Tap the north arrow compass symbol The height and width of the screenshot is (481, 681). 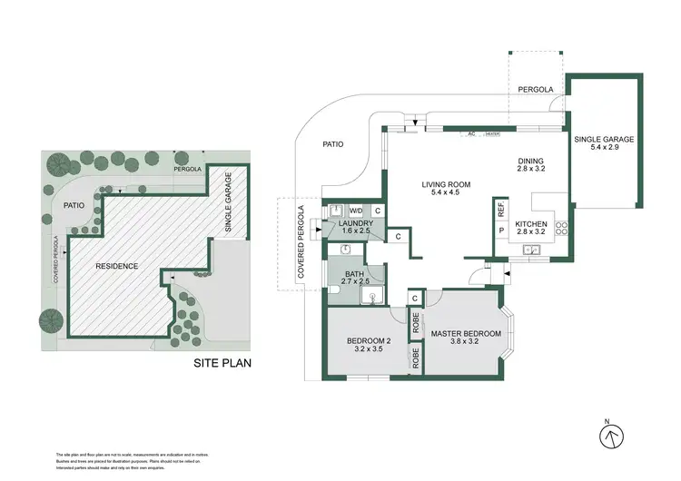click(613, 435)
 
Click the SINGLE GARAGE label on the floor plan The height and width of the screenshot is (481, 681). click(603, 140)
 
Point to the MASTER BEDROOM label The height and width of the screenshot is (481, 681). click(466, 333)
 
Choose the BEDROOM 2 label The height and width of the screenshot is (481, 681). click(367, 341)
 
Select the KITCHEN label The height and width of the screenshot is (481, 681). click(531, 223)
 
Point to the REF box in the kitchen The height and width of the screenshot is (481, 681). click(500, 207)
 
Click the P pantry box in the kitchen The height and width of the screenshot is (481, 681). click(500, 230)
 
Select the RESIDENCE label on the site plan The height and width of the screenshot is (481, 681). click(117, 266)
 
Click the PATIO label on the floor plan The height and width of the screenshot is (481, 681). click(333, 144)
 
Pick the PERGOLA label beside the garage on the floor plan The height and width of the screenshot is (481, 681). click(536, 91)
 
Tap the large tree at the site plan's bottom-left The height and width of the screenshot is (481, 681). click(51, 319)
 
